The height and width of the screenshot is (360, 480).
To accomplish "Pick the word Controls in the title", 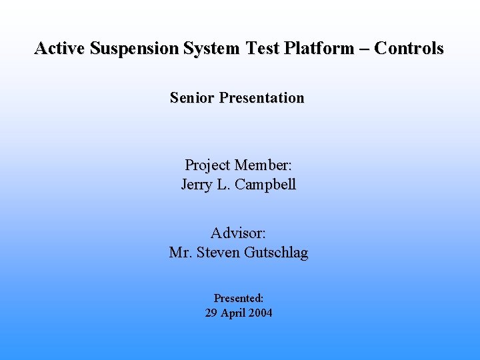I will (x=409, y=49).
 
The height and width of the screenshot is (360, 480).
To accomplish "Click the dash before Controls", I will (x=363, y=49).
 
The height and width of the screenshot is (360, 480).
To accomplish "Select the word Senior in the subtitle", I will (x=192, y=98).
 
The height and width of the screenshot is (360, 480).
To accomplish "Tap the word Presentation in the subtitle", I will (x=261, y=98).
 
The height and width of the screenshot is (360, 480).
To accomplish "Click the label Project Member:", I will (x=239, y=165).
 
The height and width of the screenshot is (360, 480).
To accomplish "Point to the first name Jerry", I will (x=197, y=185).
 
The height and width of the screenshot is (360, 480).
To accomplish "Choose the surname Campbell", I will (x=266, y=185).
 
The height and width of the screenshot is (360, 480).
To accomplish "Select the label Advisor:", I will (x=239, y=233).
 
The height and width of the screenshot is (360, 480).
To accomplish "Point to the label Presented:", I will (x=239, y=299).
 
